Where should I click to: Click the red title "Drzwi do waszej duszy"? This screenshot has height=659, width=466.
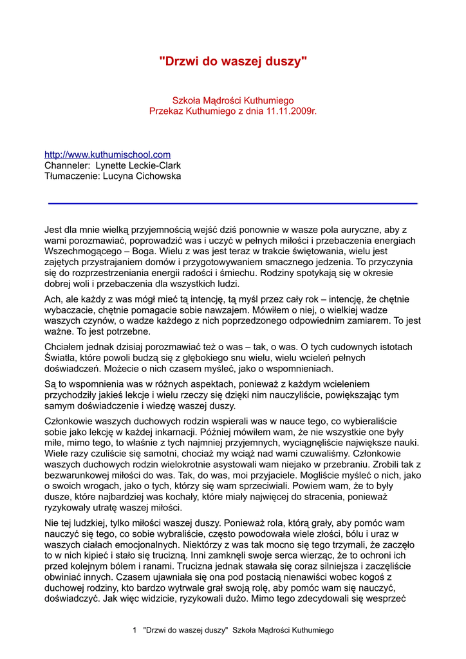[233, 61]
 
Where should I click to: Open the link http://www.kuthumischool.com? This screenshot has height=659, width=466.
[107, 154]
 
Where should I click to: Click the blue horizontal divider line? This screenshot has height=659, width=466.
[233, 203]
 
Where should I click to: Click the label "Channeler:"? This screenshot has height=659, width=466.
[67, 165]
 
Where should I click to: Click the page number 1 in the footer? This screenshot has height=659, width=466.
[135, 630]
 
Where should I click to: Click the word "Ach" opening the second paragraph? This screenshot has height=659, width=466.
[52, 299]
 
